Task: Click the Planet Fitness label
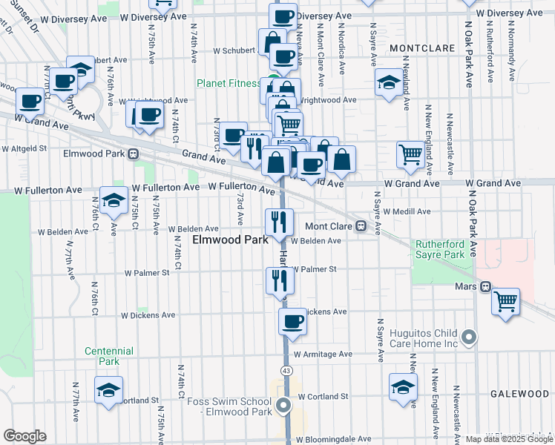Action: pos(229,83)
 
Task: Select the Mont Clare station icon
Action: pos(361,226)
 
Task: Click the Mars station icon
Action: pos(485,286)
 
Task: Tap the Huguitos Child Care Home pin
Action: pos(468,338)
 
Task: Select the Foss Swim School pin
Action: pos(283,405)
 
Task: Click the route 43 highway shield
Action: pos(286,369)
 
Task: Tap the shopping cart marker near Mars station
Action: pos(505,301)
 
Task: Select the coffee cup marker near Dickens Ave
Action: pos(293,321)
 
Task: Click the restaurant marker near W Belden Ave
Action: pos(280,221)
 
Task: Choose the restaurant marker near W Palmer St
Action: pos(280,280)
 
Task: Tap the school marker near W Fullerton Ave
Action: pos(114,201)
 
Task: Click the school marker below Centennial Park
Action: pos(108,389)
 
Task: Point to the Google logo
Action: pos(24,436)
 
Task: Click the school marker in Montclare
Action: pos(388,83)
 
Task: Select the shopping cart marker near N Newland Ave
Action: pos(410,154)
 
